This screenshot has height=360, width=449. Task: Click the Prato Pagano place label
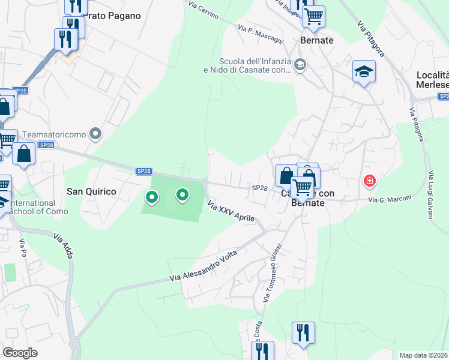click(x=113, y=16)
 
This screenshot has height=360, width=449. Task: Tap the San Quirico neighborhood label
click(x=91, y=191)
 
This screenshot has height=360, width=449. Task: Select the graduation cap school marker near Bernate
click(x=364, y=72)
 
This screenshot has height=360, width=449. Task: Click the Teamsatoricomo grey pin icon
click(x=95, y=134)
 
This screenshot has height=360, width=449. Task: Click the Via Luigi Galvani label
click(x=431, y=195)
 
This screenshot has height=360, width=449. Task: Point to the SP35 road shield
click(x=20, y=91)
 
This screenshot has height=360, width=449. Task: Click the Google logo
click(x=20, y=352)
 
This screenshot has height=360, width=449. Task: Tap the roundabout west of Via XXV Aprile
click(x=205, y=182)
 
